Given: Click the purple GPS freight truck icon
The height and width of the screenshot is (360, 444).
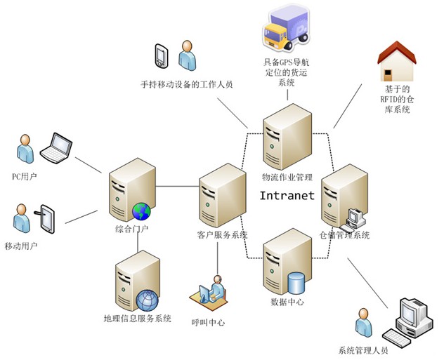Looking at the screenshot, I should (x=287, y=30).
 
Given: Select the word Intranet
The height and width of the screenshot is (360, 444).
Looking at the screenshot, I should (x=287, y=196).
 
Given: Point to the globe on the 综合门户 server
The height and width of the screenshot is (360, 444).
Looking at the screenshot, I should (x=141, y=211).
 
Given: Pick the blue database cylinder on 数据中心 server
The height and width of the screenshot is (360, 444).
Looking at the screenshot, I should (x=296, y=282).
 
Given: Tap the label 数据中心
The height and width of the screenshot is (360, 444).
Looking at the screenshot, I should (x=287, y=302).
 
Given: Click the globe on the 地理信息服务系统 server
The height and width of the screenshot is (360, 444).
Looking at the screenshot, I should (x=148, y=300).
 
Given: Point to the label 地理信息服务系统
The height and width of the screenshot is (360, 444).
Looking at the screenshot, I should (x=138, y=319).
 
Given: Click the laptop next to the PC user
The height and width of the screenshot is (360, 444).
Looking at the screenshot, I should (x=56, y=147).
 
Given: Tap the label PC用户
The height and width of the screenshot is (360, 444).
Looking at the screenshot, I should (x=26, y=177).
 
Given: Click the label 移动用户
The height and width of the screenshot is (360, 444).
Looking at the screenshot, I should (x=21, y=246).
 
